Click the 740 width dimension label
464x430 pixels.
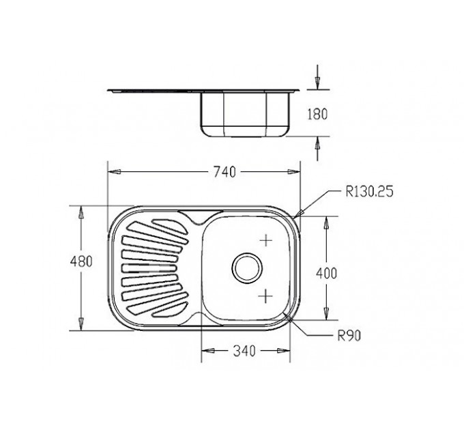point(224,172)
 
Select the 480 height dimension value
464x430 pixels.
point(81,261)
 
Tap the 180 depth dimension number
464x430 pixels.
point(317,114)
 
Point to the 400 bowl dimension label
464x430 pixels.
point(326,273)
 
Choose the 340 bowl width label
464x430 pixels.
point(244,351)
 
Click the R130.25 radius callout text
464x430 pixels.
point(370,192)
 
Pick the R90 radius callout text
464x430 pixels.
point(349,336)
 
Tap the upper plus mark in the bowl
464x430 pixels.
point(266,240)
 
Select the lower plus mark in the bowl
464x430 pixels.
point(266,296)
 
